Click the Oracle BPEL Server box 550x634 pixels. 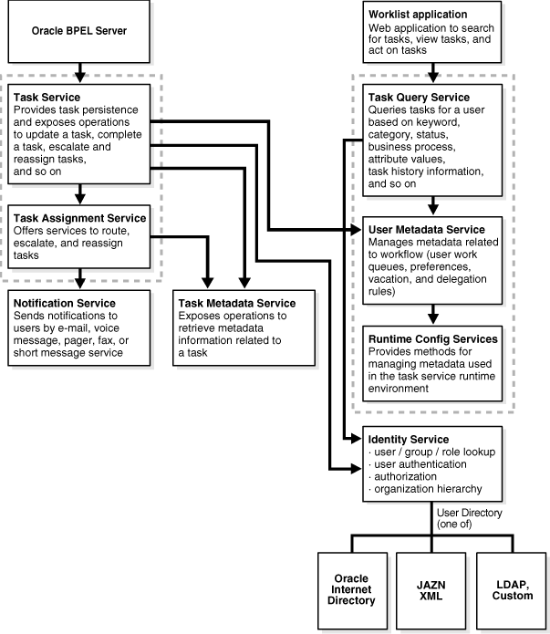tap(80, 32)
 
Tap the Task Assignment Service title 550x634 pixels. tap(79, 218)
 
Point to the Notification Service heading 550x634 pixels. tap(64, 303)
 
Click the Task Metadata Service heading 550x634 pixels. tap(237, 303)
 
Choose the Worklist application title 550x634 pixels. tap(418, 16)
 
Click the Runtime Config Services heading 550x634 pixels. tap(433, 338)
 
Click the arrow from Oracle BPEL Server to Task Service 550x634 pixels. tap(80, 69)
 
